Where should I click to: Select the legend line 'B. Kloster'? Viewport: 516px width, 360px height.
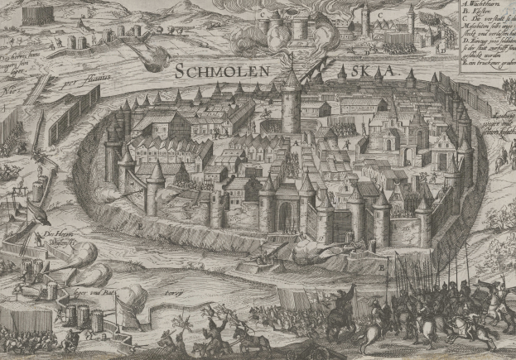tap(475, 15)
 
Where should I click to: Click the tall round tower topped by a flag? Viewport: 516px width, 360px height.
tap(292, 103)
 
